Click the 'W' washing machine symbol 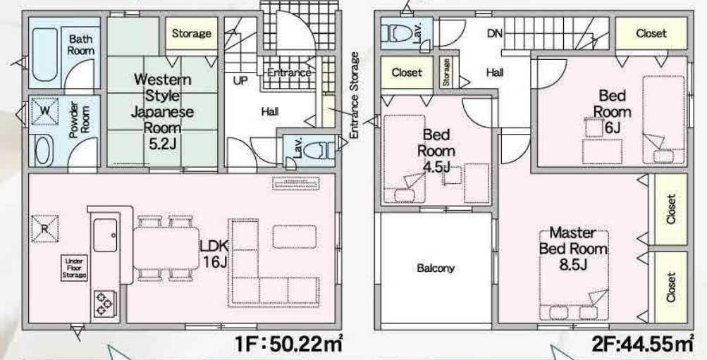click(44, 111)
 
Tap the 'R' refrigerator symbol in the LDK click(44, 228)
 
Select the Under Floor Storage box click(75, 268)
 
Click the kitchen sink click(105, 235)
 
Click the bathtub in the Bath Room click(45, 55)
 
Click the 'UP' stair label click(240, 81)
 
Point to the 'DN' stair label click(495, 33)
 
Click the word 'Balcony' click(436, 268)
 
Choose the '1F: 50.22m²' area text click(288, 345)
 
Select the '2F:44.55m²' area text click(643, 345)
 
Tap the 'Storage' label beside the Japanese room click(192, 33)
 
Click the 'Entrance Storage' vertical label click(355, 96)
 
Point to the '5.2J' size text click(162, 144)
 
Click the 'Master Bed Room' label click(573, 241)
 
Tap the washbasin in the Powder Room click(44, 151)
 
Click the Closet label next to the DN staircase click(651, 33)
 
